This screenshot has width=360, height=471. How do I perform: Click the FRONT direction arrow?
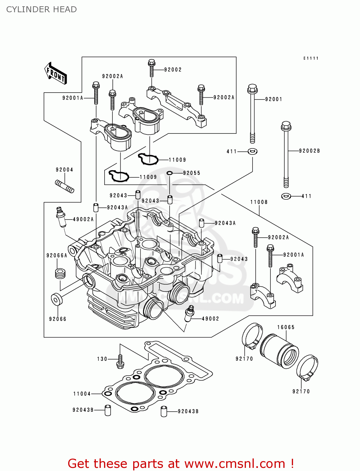coord(56,73)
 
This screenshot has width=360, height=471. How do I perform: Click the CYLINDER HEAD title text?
coord(41,9)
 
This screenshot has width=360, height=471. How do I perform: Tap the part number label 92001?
coord(274,99)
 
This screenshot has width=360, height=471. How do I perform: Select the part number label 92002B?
coord(309,151)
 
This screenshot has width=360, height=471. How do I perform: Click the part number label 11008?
coord(259,202)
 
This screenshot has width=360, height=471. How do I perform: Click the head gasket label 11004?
coord(82,394)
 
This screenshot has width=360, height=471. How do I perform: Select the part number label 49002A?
coord(83,219)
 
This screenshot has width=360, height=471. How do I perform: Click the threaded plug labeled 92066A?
coord(60,273)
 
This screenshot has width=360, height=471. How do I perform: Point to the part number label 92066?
coord(58,319)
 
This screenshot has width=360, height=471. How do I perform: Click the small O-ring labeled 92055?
coord(170,173)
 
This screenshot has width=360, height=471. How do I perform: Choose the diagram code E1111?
coord(311,58)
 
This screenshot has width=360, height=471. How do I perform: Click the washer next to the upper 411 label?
coord(252,152)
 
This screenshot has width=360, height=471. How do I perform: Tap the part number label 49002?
coord(210,319)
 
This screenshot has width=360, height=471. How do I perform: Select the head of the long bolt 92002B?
coord(286,126)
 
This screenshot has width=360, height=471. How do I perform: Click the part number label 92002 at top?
coord(173,70)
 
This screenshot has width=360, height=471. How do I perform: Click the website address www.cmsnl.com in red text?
coord(235,463)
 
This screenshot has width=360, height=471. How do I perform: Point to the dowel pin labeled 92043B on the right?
coord(164,411)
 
